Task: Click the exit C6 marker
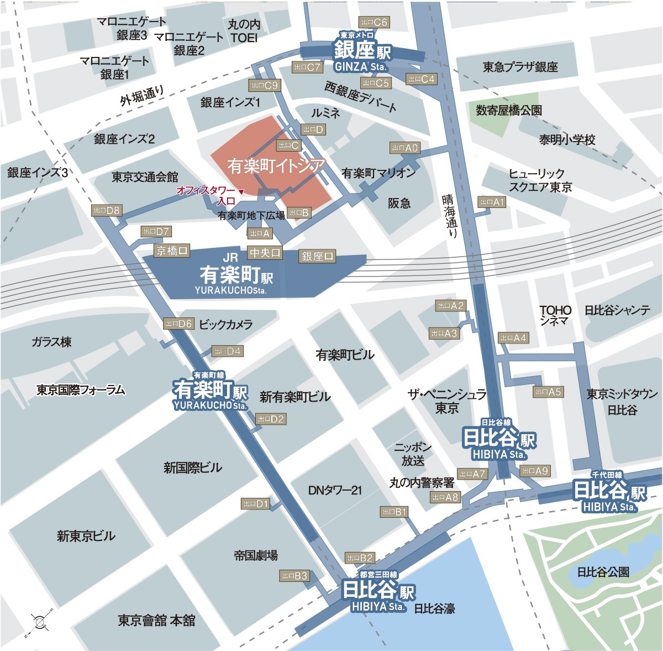(x=374, y=22)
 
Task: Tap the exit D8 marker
(x=106, y=210)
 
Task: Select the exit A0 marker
(x=405, y=148)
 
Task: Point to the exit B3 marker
(x=294, y=576)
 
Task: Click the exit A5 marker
(x=548, y=392)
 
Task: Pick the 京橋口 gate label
(x=172, y=251)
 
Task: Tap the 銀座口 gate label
(x=317, y=256)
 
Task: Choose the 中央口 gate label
(x=265, y=253)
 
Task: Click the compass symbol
(x=40, y=622)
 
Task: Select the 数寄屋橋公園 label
(x=509, y=111)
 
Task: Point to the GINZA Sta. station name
(x=362, y=56)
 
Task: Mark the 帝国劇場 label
(x=255, y=555)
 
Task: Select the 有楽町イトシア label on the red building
(x=276, y=166)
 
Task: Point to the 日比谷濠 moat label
(x=434, y=608)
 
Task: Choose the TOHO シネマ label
(x=555, y=315)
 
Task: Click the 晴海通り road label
(x=450, y=216)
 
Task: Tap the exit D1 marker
(x=256, y=504)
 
